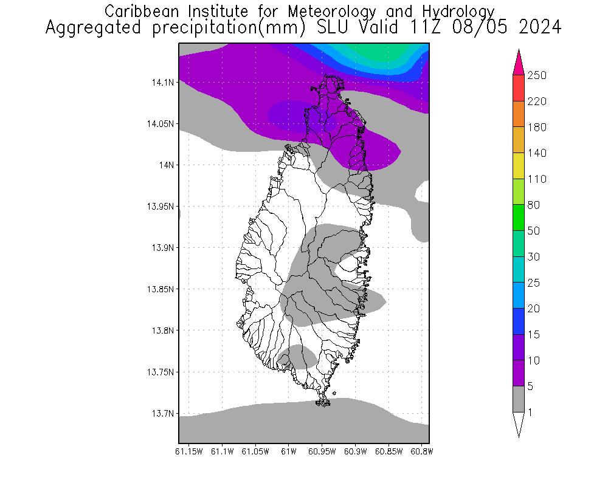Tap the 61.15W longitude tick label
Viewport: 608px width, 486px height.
point(188,451)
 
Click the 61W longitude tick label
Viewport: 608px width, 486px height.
point(289,451)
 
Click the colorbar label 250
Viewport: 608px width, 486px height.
point(537,75)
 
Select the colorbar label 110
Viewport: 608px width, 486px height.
point(537,179)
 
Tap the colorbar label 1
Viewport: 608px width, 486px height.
point(531,412)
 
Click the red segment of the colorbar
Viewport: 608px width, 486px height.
point(519,88)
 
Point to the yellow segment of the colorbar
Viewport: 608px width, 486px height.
point(519,166)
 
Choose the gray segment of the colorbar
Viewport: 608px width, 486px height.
point(519,399)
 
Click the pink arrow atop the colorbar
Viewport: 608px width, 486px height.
point(519,63)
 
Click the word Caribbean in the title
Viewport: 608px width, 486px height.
point(140,11)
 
